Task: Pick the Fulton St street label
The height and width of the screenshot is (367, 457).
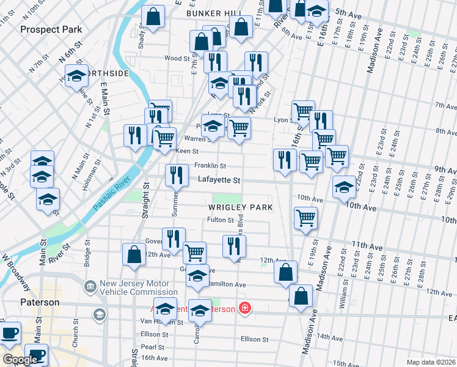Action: coord(221,220)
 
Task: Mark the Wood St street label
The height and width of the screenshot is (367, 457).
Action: coord(177,59)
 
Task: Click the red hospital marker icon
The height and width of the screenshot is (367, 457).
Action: coord(245,308)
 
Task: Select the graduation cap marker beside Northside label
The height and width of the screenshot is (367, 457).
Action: coord(77,75)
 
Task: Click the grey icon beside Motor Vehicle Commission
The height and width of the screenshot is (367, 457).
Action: coord(90,286)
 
